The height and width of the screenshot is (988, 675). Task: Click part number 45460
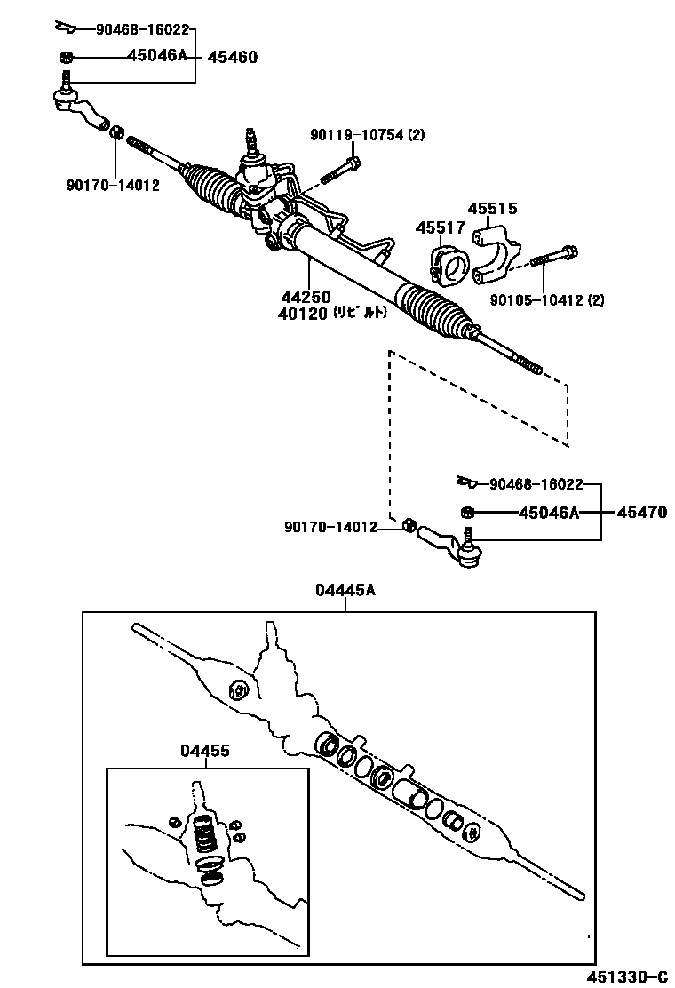(232, 58)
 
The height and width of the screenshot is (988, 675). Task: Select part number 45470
(642, 513)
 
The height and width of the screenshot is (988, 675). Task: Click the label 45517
(440, 228)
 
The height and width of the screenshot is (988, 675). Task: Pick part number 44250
(306, 297)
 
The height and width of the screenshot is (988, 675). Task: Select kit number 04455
(205, 752)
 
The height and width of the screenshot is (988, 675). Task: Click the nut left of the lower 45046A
(466, 513)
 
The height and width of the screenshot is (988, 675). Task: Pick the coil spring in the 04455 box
(204, 835)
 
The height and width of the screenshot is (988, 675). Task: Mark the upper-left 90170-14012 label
(112, 185)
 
